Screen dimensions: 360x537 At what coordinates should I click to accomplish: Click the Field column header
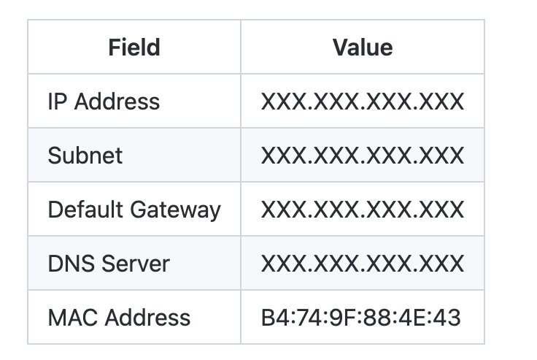point(134,47)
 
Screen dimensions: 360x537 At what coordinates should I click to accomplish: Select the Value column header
point(363,47)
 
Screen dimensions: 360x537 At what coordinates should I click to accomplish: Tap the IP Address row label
point(104,101)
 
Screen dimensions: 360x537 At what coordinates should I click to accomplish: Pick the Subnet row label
point(85,155)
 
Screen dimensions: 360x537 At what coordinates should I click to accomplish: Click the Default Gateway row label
point(134,210)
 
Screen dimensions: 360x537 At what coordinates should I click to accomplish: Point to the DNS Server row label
point(109,263)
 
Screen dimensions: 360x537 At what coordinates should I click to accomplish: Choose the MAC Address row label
point(119,318)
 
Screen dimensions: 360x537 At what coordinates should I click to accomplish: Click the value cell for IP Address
point(363,101)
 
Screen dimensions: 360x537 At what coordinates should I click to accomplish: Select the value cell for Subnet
point(363,155)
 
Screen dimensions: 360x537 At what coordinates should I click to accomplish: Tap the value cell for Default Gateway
point(363,210)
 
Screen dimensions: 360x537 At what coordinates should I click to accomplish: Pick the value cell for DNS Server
point(363,263)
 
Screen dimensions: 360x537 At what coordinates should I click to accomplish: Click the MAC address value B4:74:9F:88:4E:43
point(361,318)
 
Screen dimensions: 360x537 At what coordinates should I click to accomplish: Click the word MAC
point(69,318)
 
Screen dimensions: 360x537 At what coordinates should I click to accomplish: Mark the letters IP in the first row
point(56,101)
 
